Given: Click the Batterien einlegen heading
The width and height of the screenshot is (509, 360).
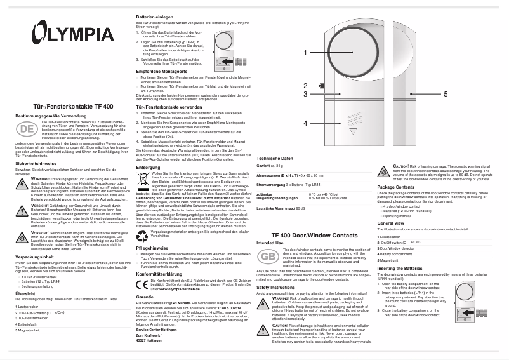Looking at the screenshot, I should coord(154,15).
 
